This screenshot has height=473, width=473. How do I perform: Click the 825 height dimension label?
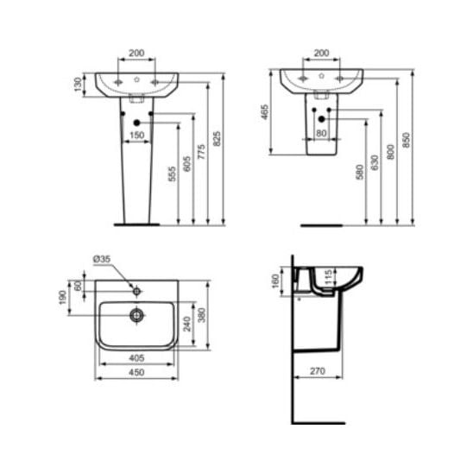(217, 138)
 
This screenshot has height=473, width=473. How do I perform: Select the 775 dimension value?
(201, 152)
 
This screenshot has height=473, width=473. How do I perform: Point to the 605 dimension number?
(187, 163)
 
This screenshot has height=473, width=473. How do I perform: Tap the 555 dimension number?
(172, 173)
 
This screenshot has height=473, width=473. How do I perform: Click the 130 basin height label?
(78, 85)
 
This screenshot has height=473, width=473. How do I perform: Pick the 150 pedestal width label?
(136, 136)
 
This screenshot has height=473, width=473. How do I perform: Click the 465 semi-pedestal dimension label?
(265, 112)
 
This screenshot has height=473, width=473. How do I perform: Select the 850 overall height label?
(407, 140)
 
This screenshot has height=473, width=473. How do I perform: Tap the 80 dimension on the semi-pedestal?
(321, 133)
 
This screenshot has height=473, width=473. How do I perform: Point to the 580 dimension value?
(360, 172)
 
